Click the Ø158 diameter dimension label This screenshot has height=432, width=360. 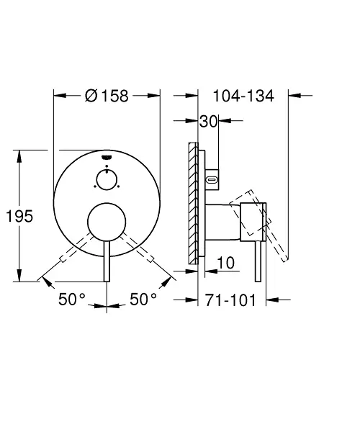click(x=107, y=96)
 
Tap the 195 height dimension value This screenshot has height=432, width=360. click(x=19, y=216)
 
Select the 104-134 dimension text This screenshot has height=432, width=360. click(x=243, y=96)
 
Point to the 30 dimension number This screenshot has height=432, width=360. click(x=209, y=121)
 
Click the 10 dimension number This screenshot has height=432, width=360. click(x=226, y=263)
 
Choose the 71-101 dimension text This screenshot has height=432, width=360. click(x=230, y=300)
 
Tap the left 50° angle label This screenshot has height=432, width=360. click(x=72, y=299)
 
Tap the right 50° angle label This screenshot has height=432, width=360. click(x=143, y=299)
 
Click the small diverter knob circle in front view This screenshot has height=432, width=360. click(x=107, y=179)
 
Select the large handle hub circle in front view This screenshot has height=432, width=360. click(x=107, y=222)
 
